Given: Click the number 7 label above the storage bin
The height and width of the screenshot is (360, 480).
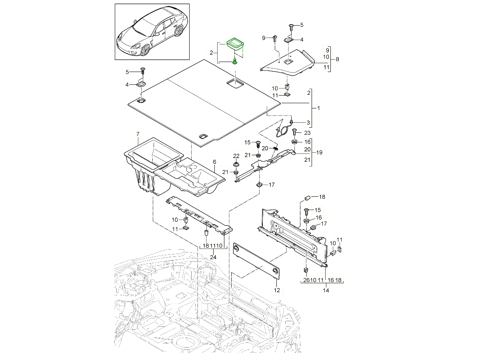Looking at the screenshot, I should tap(138, 133).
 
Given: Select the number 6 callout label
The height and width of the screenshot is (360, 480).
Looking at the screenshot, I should tap(214, 162).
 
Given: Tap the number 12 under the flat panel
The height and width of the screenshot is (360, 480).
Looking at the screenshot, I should tap(276, 289).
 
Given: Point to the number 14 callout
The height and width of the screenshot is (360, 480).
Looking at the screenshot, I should tap(326, 291).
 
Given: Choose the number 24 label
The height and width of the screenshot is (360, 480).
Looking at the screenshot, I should tap(213, 257).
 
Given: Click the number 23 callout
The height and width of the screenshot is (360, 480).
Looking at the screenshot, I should tap(307, 132).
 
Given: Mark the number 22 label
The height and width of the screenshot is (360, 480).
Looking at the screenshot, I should tap(236, 156).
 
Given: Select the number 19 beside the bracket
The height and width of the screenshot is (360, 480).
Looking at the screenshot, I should tap(319, 152).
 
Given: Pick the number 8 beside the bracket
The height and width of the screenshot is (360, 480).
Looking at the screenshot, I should tap(337, 59).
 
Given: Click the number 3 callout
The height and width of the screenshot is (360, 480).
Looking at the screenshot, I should tap(308, 122).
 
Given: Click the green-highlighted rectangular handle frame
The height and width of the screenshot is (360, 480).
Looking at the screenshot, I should tap(235, 43).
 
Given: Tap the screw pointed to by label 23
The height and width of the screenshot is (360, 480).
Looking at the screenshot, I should tap(295, 131).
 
